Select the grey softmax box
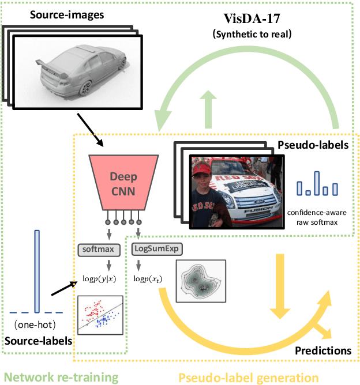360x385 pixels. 99,250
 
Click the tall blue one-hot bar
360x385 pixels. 37,271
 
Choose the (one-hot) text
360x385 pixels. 37,324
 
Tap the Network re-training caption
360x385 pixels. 62,377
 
